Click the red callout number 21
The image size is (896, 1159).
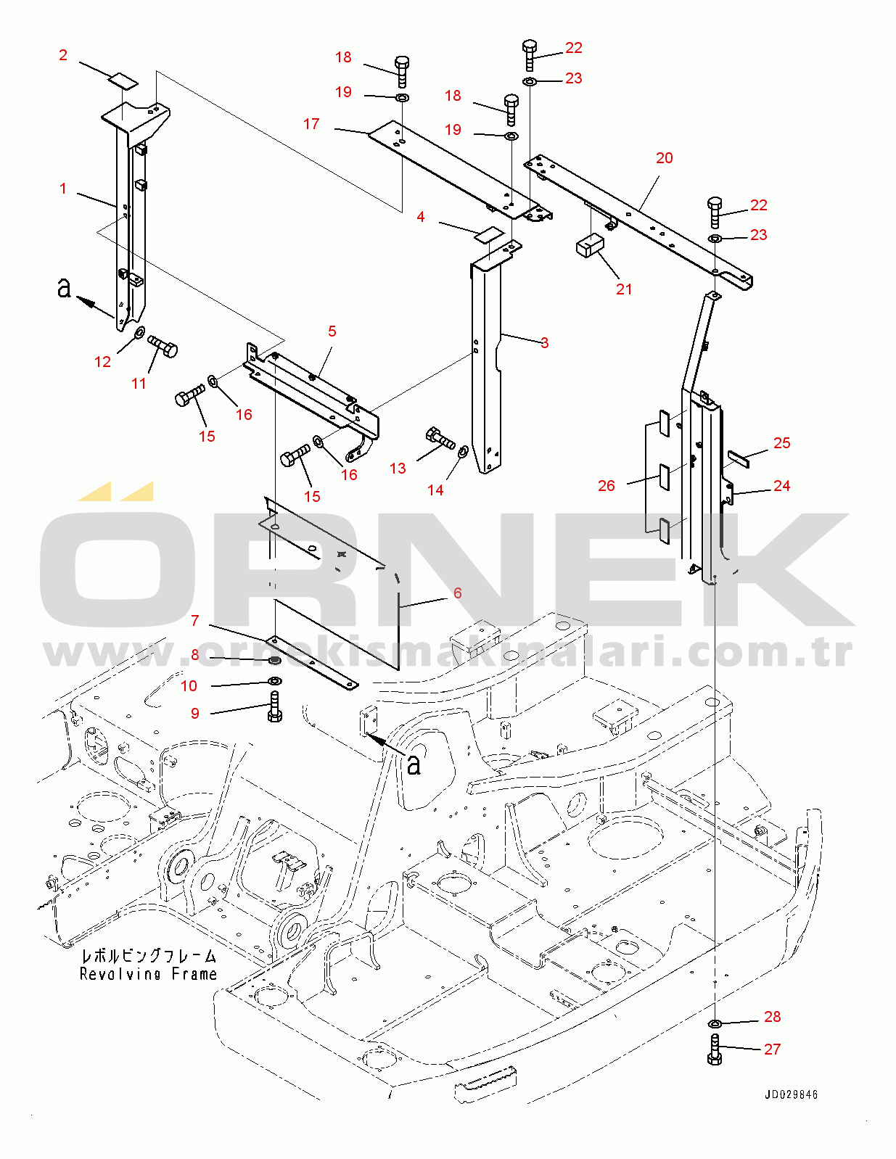pos(623,289)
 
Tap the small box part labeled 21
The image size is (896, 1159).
pos(589,246)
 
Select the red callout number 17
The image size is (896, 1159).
pos(311,124)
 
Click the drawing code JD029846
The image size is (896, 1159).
pos(791,1094)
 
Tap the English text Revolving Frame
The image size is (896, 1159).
pos(148,974)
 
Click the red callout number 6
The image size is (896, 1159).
pos(458,593)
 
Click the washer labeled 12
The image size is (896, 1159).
pos(139,334)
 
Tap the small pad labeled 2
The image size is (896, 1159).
pos(123,81)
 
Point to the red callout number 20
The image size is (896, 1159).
pos(664,158)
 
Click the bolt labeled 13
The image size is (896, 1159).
pos(440,438)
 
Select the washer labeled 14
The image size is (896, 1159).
pos(463,451)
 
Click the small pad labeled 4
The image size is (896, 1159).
pos(489,235)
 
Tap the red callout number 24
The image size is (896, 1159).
pos(781,486)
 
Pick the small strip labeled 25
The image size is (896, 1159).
pos(739,459)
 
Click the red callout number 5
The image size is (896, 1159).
pos(332,331)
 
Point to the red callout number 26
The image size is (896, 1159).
pos(607,485)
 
